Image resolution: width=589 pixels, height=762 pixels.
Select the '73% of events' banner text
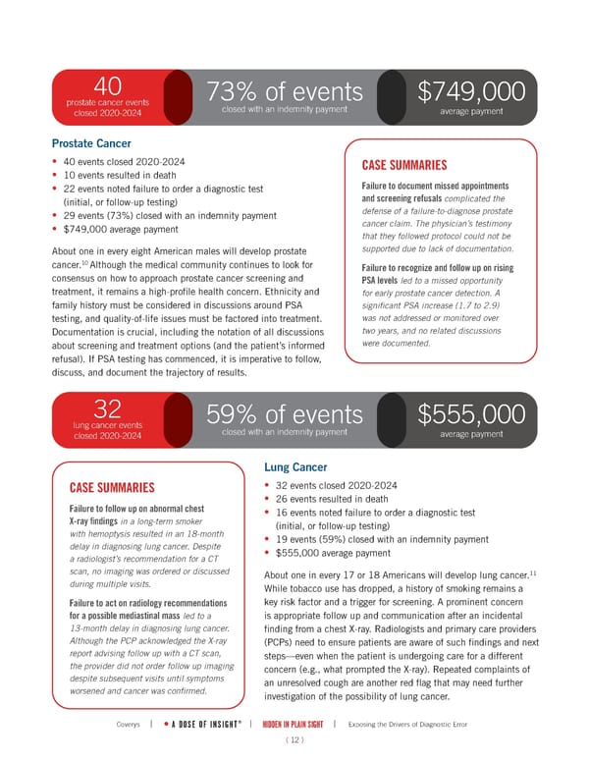pyautogui.click(x=284, y=92)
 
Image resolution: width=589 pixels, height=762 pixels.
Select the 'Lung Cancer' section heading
pyautogui.click(x=299, y=467)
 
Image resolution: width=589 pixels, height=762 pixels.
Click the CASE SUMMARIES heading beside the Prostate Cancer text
pyautogui.click(x=406, y=165)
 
